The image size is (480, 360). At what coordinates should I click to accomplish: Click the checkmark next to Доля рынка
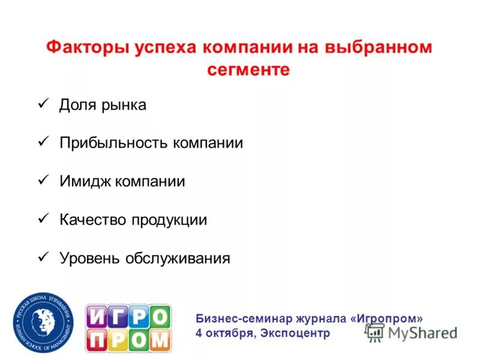coord(43,104)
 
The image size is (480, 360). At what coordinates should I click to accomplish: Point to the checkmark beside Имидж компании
coord(43,180)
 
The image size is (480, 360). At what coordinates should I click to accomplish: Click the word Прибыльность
coord(113,143)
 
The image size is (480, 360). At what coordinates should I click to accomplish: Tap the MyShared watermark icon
coord(374,333)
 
